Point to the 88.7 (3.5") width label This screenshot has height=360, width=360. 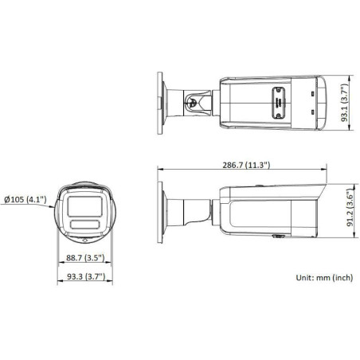tap(84, 258)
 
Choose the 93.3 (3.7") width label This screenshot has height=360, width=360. tap(84, 276)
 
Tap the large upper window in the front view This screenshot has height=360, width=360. tap(84, 205)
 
